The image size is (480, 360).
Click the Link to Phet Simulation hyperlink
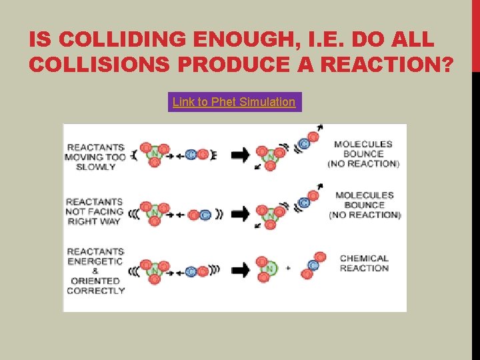click(x=234, y=102)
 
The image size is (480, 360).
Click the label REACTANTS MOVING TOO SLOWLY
click(x=95, y=157)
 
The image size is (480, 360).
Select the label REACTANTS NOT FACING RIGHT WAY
click(x=95, y=211)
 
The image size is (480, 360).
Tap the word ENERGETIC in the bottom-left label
click(x=95, y=261)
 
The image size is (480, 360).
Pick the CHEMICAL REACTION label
click(x=364, y=263)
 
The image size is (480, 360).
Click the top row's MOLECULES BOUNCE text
click(x=363, y=149)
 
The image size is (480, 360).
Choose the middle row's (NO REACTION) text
click(x=365, y=215)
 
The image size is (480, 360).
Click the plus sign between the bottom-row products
click(x=288, y=268)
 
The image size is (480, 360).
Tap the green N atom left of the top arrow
click(x=155, y=155)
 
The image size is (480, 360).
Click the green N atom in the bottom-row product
click(x=269, y=268)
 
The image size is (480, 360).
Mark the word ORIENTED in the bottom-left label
click(x=95, y=281)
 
